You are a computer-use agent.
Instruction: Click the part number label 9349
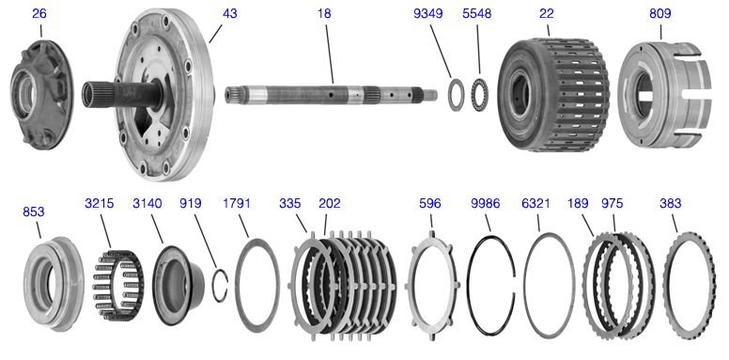point(427,14)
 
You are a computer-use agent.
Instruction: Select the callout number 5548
point(476,14)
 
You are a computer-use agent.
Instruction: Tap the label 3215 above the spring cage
point(99,203)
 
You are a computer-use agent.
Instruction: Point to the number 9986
point(485,203)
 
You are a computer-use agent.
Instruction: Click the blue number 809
point(660,14)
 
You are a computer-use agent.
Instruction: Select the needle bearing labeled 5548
point(480,95)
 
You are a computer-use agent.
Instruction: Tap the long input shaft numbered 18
point(331,94)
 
